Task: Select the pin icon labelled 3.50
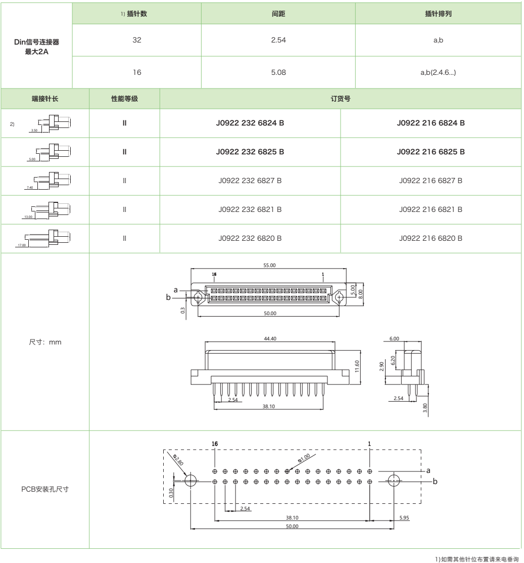[48, 122]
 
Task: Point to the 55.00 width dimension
[269, 265]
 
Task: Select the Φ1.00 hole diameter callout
[304, 459]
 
